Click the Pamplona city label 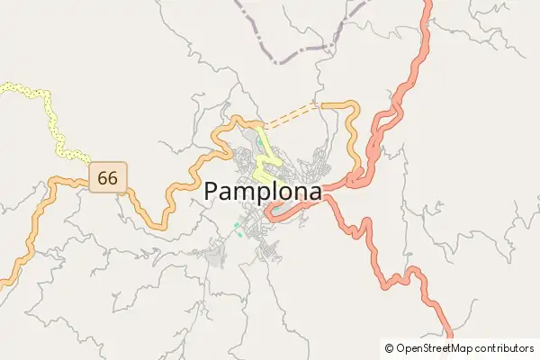263,191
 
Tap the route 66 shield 107,177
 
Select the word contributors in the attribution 505,347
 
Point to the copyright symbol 389,347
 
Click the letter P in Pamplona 212,191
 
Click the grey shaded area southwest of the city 216,256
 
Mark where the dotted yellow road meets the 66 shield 90,166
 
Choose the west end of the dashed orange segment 264,125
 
